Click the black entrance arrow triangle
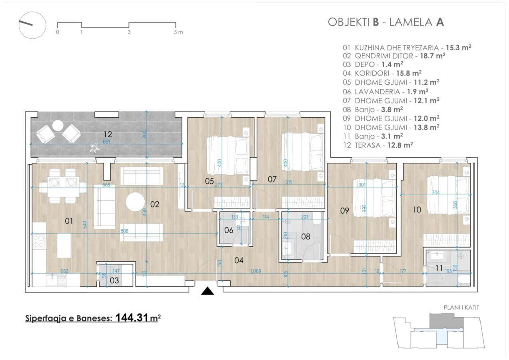tap(208, 291)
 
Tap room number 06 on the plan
tap(229, 230)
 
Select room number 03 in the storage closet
tap(114, 280)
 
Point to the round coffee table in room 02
tap(135, 202)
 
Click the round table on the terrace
tap(58, 126)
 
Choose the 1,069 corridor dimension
tap(255, 271)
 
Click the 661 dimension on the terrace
tap(106, 142)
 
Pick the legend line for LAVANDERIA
tap(385, 92)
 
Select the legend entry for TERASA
tap(378, 145)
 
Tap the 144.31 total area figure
tap(132, 318)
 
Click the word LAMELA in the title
tap(411, 22)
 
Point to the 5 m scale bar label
tap(178, 32)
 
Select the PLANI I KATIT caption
tap(461, 308)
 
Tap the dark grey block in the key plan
tap(446, 321)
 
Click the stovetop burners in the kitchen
tap(39, 241)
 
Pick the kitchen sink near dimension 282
tap(57, 280)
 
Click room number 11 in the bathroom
tap(439, 268)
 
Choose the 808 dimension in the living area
tap(124, 231)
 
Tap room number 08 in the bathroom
tap(305, 236)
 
